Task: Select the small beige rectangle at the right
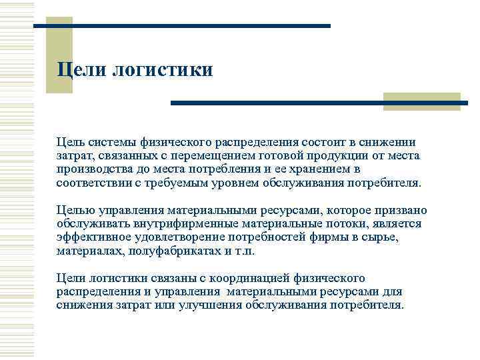coord(422,99)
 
